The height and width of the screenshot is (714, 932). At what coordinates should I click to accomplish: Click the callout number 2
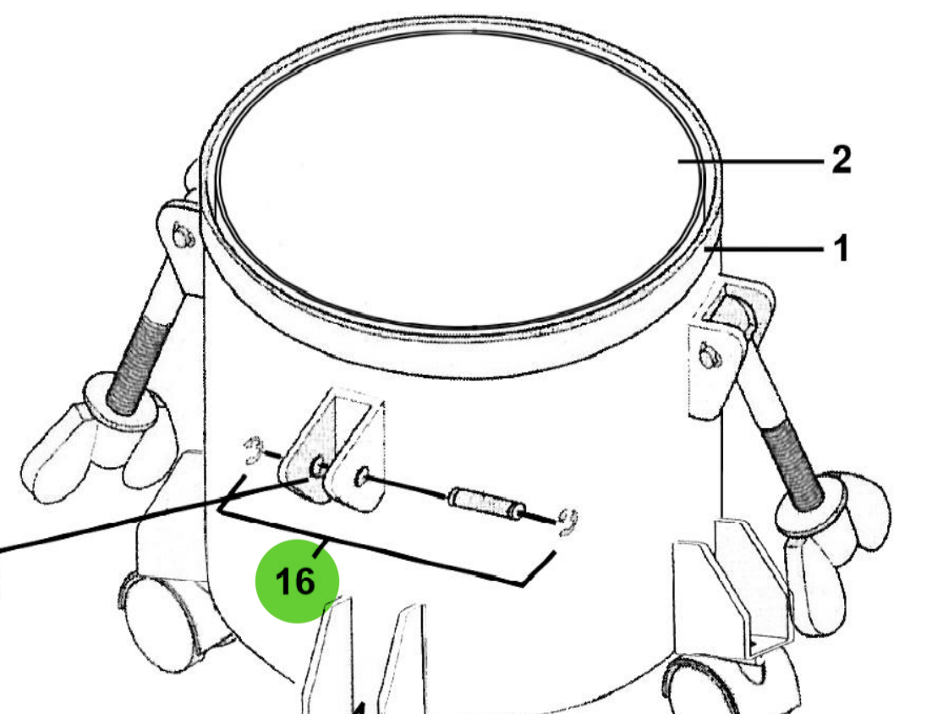pyautogui.click(x=841, y=160)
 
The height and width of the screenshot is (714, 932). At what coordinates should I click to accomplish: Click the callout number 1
pyautogui.click(x=840, y=250)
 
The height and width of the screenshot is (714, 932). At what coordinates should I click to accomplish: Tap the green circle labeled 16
pyautogui.click(x=297, y=581)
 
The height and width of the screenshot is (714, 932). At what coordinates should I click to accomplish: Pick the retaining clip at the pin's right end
pyautogui.click(x=567, y=522)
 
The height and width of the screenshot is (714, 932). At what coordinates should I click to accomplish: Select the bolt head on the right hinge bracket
pyautogui.click(x=707, y=359)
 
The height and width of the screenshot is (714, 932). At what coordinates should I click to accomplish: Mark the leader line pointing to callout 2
pyautogui.click(x=753, y=161)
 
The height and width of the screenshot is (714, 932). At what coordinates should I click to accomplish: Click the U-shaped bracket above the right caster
pyautogui.click(x=744, y=592)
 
